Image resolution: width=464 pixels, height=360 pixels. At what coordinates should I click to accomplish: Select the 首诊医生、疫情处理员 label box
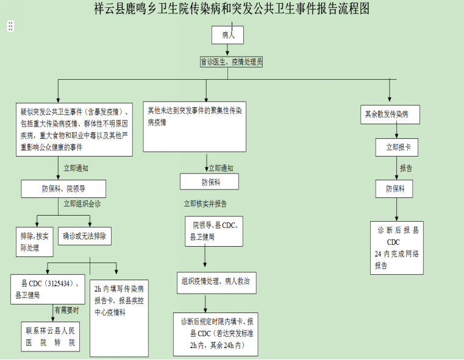pos(232,62)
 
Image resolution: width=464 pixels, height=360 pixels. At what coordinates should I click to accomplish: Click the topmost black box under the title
pos(227,35)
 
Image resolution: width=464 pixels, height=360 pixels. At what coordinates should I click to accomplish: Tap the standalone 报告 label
pos(406,168)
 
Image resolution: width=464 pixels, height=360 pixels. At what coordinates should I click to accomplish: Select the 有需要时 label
pos(66,309)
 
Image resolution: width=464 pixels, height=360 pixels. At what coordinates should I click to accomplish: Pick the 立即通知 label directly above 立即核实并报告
pos(220,168)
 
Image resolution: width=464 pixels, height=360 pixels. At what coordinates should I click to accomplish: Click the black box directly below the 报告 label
pos(394,189)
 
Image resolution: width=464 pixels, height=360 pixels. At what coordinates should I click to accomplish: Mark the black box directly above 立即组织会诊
pos(63,189)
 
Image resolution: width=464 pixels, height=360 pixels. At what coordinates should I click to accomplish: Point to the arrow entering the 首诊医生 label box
pos(227,52)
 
